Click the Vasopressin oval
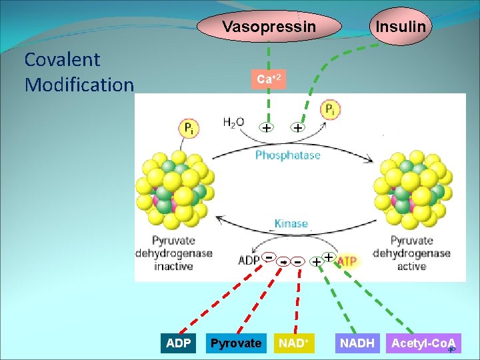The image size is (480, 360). (x=269, y=27)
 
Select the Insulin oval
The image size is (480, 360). (x=400, y=27)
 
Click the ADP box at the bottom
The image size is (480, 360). (x=178, y=343)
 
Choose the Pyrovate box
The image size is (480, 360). (x=236, y=343)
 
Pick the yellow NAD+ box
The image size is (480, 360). (x=294, y=343)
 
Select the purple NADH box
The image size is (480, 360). (x=357, y=343)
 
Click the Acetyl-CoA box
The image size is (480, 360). (x=423, y=343)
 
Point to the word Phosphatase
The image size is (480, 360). (x=288, y=155)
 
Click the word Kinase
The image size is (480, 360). (x=291, y=223)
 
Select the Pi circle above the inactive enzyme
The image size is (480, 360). (x=189, y=128)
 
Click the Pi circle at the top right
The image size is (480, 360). (x=331, y=110)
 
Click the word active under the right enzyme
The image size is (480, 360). (x=411, y=266)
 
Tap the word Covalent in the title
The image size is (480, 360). (x=62, y=59)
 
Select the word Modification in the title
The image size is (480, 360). (x=79, y=85)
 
